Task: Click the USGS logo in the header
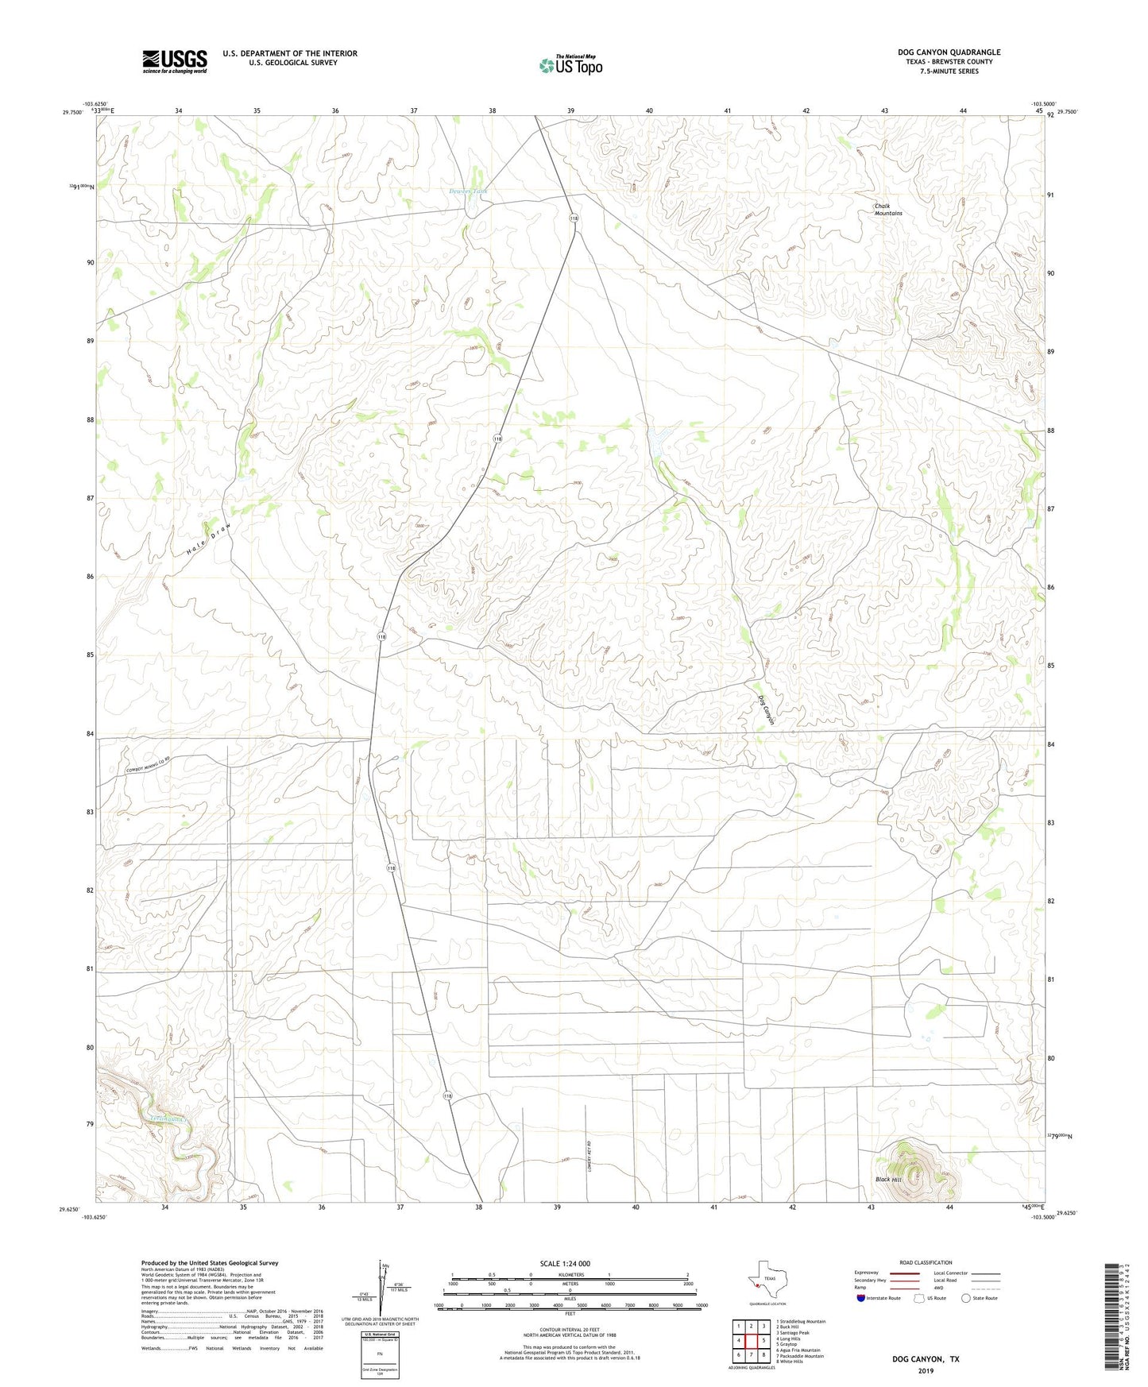point(175,61)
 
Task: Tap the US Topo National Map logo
point(570,65)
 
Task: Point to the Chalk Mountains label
point(888,210)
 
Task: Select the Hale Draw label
point(208,539)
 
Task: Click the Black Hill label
point(887,1180)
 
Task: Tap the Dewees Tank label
point(467,191)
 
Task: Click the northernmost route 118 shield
point(572,218)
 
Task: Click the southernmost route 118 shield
point(448,1096)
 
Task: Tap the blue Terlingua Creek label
point(168,1118)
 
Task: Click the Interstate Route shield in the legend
point(862,1298)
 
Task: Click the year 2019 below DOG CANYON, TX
point(925,1370)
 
